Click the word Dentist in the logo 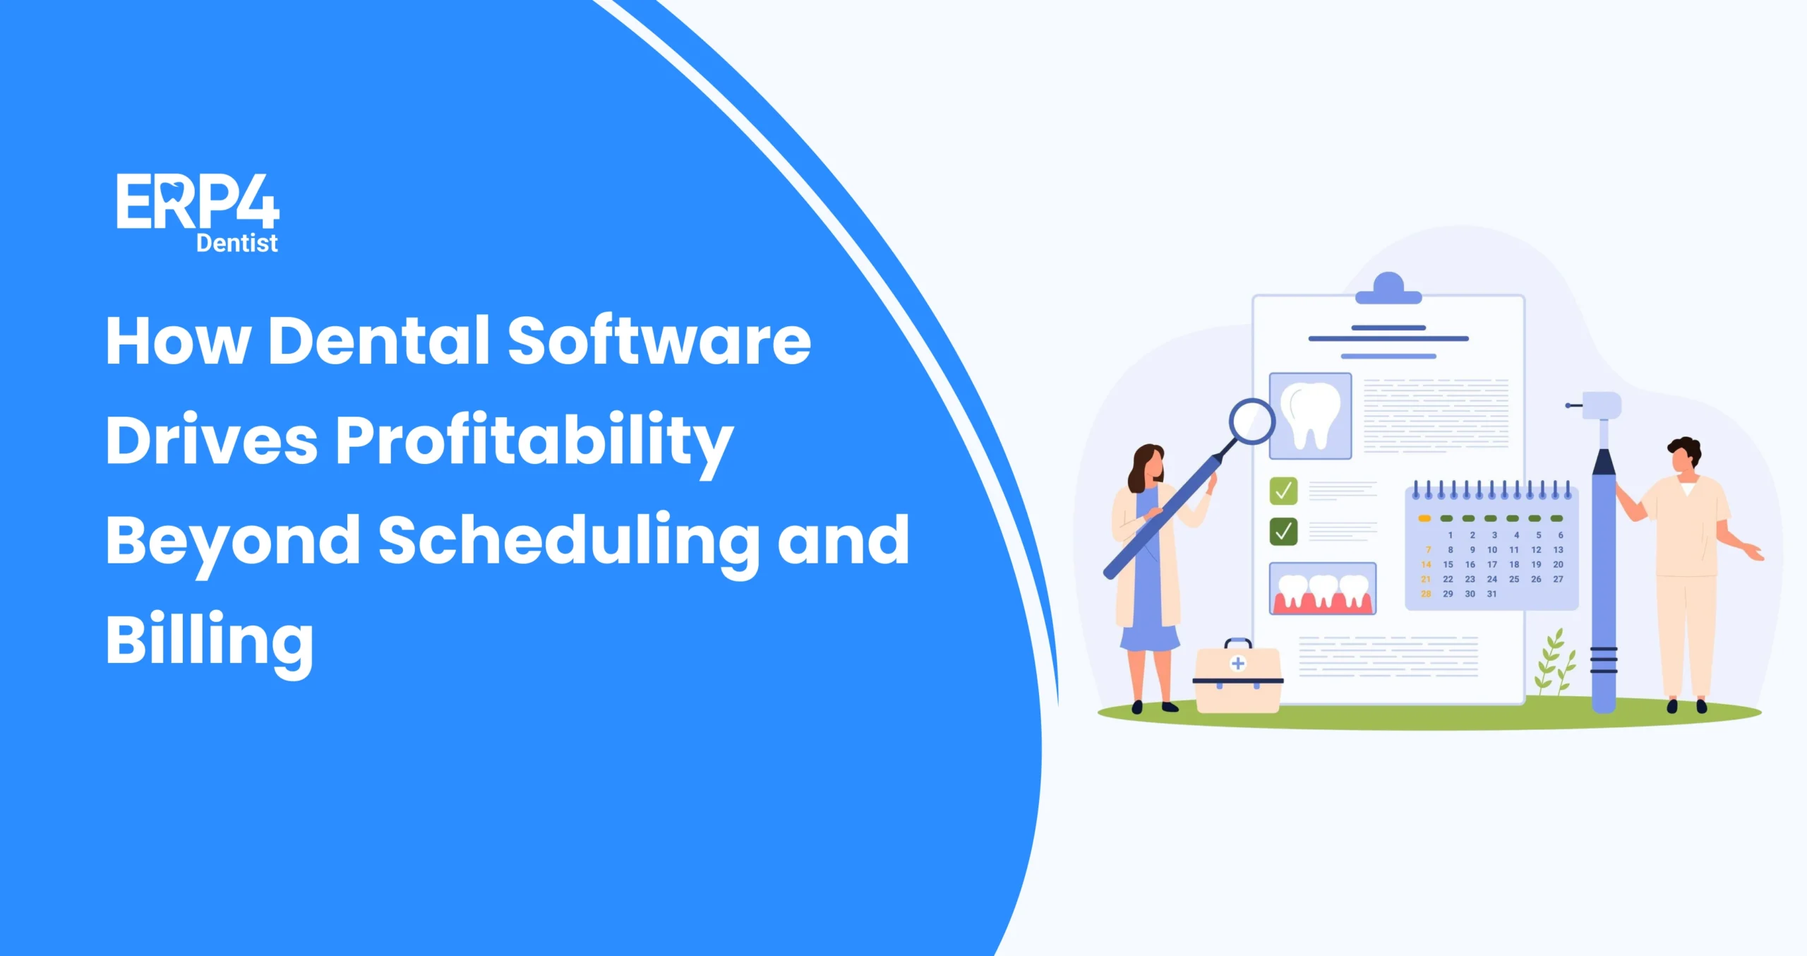[236, 243]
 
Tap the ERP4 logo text [198, 202]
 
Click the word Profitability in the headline [534, 441]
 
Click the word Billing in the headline [210, 640]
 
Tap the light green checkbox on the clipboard [1283, 491]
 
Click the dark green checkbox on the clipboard [1283, 531]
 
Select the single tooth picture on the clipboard [1310, 416]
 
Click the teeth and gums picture [1322, 589]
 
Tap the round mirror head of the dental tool [1251, 422]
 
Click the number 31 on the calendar [1491, 594]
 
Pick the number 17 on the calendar [1491, 564]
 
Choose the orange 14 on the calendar [1426, 564]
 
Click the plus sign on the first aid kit [1237, 663]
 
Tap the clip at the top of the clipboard [1388, 289]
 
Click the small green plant [1555, 663]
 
